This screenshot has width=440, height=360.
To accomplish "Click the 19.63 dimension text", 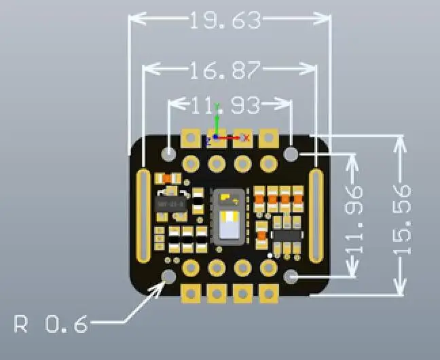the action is [225, 20].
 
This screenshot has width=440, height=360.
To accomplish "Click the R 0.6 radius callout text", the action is [51, 325].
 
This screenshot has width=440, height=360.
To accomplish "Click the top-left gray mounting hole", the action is [169, 154].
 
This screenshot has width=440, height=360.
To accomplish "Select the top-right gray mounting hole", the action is [292, 154].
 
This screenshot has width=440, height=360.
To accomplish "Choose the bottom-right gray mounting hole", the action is [292, 276].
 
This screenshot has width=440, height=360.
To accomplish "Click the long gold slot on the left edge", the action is [144, 215].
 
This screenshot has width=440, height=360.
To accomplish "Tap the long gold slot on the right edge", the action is [316, 215].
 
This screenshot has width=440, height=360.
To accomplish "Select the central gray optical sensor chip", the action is [229, 216].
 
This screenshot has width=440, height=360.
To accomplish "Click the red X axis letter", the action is [246, 138].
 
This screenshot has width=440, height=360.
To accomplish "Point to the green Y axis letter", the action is [217, 108].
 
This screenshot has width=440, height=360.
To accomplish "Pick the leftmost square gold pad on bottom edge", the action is [191, 294].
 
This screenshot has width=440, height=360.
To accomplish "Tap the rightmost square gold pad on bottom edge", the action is [268, 294].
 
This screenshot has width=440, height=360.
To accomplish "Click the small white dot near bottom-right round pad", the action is [270, 255].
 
